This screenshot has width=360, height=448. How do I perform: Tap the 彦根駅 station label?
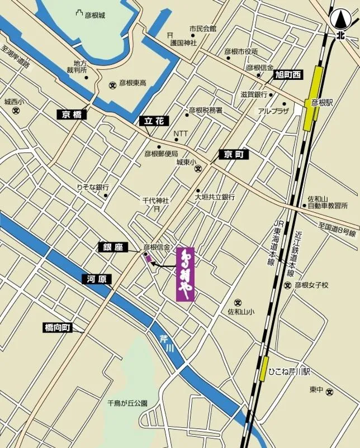(322, 103)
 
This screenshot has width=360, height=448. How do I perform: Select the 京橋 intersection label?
(72, 115)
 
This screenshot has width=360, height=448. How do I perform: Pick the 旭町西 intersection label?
(287, 74)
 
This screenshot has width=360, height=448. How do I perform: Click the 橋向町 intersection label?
(58, 328)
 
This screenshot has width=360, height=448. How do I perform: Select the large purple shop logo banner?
(185, 274)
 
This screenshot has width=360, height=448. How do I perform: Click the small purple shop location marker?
(148, 258)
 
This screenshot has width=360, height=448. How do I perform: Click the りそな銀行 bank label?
(93, 188)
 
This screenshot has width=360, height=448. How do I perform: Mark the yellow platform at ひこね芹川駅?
(262, 369)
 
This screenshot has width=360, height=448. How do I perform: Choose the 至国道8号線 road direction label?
(337, 229)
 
